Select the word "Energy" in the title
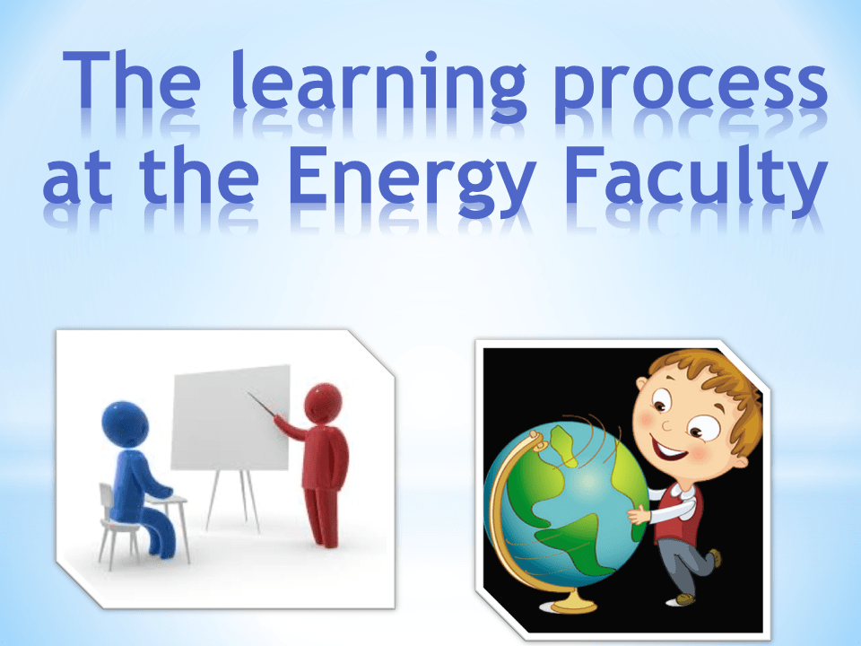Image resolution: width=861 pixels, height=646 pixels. (413, 181)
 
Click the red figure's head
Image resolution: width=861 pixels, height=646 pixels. (323, 403)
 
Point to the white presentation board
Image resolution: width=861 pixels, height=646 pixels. (230, 417)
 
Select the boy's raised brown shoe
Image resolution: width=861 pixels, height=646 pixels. (715, 557)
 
